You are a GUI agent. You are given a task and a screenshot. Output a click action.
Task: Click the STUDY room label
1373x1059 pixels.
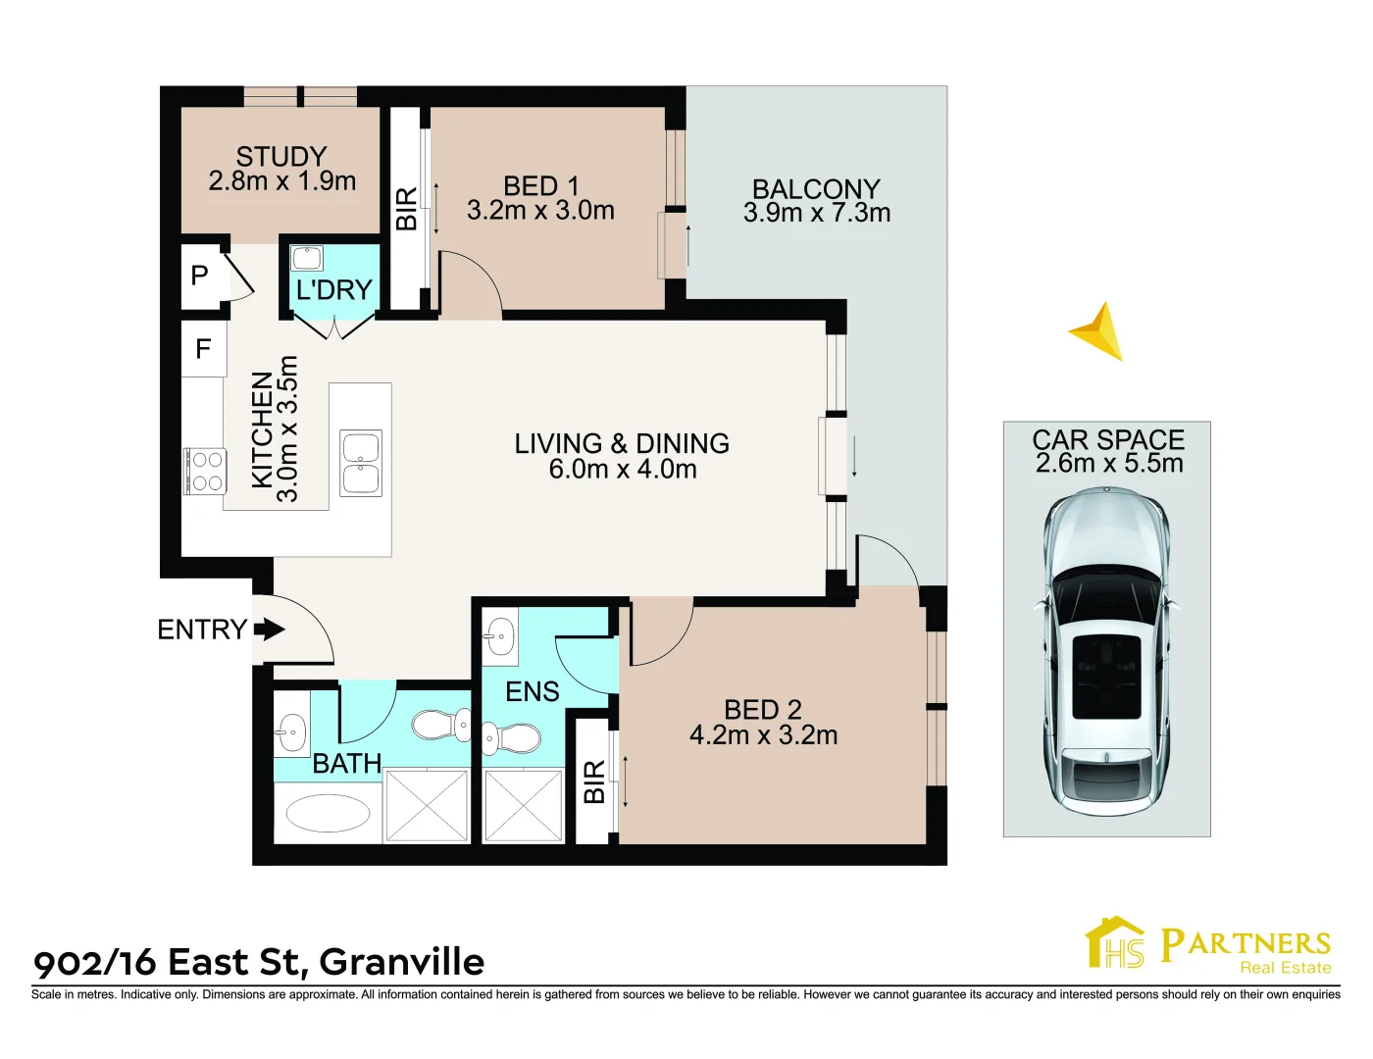(280, 157)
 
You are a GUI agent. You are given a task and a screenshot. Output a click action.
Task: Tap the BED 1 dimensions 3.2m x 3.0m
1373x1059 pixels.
(540, 211)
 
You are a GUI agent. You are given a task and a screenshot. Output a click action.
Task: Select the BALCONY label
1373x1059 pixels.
(816, 188)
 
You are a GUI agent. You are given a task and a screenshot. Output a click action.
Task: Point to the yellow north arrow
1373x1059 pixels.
(1099, 331)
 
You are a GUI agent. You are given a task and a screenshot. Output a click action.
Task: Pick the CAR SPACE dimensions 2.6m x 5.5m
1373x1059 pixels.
(1109, 464)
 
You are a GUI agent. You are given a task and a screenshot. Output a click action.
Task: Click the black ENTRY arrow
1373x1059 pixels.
(269, 630)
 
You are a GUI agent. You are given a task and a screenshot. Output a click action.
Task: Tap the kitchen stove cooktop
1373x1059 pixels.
(206, 471)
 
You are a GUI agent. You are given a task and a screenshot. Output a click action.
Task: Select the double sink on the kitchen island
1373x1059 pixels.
(361, 463)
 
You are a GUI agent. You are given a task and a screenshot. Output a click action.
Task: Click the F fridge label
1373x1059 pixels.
(203, 349)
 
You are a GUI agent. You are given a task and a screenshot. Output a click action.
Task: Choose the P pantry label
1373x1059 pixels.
(200, 276)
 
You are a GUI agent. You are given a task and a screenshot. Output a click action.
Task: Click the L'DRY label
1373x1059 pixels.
(334, 290)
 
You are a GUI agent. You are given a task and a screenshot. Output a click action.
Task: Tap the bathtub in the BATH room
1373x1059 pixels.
(328, 813)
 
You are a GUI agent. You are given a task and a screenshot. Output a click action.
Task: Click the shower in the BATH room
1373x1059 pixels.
(427, 805)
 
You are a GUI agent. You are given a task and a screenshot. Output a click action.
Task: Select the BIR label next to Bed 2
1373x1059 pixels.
(593, 782)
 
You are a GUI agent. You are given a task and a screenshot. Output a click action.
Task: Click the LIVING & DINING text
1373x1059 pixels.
(622, 443)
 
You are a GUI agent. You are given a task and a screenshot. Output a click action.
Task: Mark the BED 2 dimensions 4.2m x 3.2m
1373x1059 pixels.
(763, 735)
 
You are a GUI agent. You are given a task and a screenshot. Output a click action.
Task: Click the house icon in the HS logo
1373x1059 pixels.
(1115, 942)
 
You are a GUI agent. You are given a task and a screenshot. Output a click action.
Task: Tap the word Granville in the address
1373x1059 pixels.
(402, 962)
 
